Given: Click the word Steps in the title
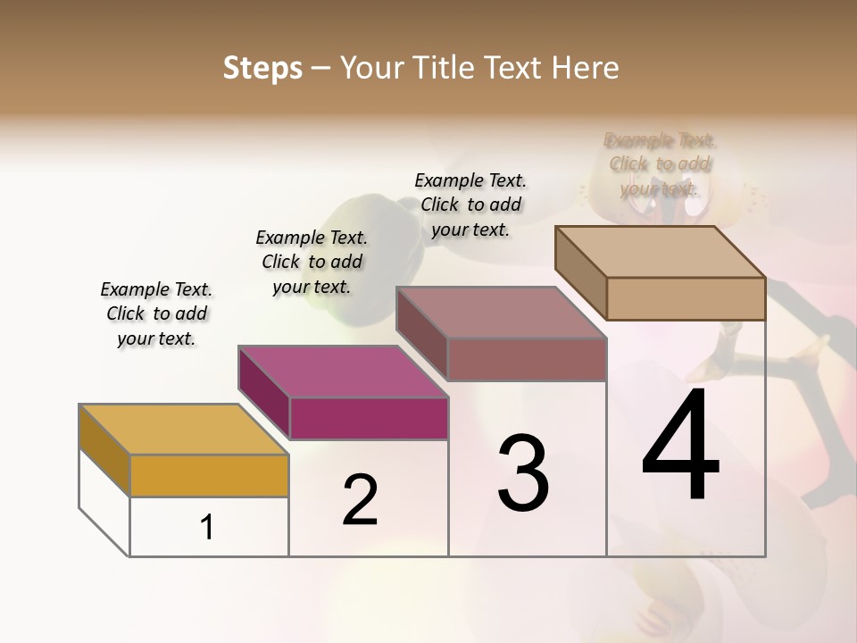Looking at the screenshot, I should (262, 68).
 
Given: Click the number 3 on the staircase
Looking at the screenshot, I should (523, 473).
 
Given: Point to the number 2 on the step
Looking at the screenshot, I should (360, 500).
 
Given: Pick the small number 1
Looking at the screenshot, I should (207, 527).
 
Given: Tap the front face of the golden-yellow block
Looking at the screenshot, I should (209, 475).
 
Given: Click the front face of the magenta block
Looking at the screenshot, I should (368, 418).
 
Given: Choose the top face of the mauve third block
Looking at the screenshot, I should (501, 313).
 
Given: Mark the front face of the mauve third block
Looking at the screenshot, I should (527, 359).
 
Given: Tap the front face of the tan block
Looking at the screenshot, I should (686, 298).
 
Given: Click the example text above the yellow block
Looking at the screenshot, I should (156, 313).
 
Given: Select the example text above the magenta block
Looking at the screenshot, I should (312, 262).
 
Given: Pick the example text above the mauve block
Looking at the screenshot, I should (470, 205).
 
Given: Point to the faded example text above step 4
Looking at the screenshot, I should (661, 163).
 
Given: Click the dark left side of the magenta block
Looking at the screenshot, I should (264, 393).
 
